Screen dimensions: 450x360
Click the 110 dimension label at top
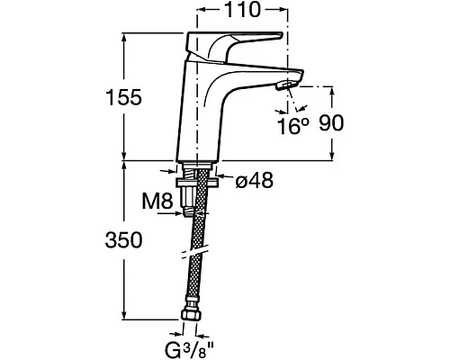(x=241, y=10)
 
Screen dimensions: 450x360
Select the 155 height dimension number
(x=123, y=97)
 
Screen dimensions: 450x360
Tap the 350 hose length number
(x=123, y=240)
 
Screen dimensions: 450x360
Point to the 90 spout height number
(x=331, y=123)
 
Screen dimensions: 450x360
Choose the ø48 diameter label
(x=255, y=181)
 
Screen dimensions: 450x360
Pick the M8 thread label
(x=157, y=201)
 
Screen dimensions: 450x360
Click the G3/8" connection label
(x=189, y=349)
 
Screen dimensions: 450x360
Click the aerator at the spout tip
(x=286, y=85)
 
